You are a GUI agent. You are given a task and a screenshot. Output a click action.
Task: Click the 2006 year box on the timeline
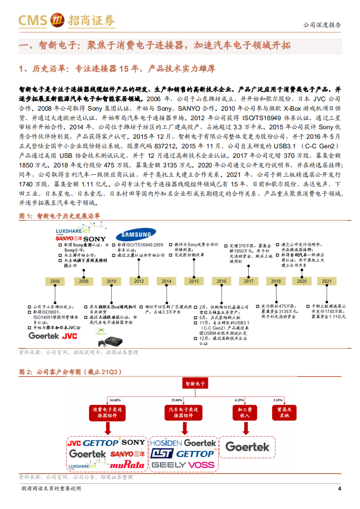(55, 281)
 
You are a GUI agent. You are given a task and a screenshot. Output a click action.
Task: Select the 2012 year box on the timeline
(138, 281)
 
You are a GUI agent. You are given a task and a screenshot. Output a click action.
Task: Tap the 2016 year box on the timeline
(221, 281)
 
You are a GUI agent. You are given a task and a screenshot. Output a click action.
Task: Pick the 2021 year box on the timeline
(327, 281)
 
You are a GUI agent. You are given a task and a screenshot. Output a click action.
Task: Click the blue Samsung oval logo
(133, 235)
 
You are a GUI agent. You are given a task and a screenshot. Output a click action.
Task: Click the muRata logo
(128, 464)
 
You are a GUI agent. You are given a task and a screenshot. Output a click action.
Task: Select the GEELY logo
(168, 465)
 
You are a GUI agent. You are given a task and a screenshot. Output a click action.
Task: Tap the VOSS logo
(201, 465)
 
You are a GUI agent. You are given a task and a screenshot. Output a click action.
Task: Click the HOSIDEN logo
(166, 442)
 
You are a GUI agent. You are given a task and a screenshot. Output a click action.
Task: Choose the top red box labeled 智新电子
(195, 383)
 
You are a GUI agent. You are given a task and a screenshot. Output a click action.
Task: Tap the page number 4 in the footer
(340, 488)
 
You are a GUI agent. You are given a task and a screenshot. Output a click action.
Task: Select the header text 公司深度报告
(322, 25)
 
